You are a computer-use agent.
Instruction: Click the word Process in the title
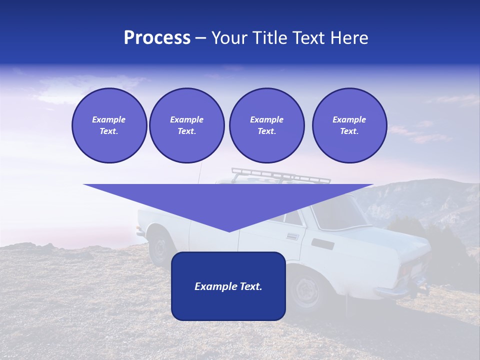(157, 38)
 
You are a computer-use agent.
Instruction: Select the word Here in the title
(349, 38)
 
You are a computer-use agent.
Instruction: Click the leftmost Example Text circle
(109, 125)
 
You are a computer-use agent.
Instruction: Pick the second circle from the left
(186, 125)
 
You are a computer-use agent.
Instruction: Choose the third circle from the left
(266, 125)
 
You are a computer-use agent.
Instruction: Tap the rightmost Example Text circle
(349, 125)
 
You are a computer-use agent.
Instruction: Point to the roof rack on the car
(280, 176)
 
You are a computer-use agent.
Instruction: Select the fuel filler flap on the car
(322, 244)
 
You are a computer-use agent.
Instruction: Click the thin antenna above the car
(200, 172)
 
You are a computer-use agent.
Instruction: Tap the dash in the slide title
(201, 38)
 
